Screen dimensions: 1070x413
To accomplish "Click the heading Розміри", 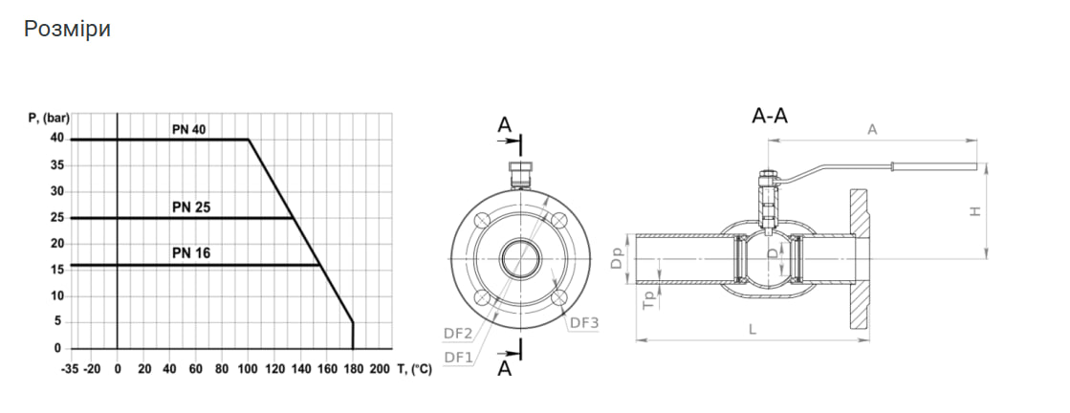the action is click(67, 30).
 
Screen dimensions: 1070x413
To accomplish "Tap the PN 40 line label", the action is click(188, 129).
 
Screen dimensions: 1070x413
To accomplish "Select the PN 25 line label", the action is click(191, 207).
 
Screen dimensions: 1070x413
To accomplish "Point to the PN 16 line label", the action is click(191, 253).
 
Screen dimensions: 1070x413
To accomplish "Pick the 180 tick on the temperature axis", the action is click(353, 369).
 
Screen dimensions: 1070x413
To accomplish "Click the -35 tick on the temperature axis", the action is click(70, 369).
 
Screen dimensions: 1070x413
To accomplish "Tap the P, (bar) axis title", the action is click(49, 118).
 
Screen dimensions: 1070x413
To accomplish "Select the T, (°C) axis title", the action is click(414, 369).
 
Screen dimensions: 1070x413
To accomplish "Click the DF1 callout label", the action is click(458, 357).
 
